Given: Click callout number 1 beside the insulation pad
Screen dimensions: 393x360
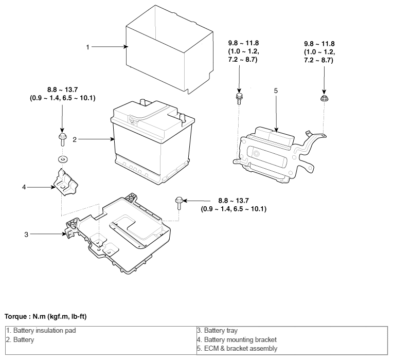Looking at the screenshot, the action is (x=88, y=47).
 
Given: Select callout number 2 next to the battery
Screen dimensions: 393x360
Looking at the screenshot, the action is (x=75, y=140).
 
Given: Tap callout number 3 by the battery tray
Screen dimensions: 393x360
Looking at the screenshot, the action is (x=26, y=235).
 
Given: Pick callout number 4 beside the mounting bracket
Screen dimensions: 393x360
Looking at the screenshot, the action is (x=24, y=187).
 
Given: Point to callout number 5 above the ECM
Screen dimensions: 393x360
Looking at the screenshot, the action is (x=276, y=91).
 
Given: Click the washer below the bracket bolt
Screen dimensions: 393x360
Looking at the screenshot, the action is (x=63, y=159).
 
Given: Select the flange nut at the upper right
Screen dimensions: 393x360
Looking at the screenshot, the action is (x=324, y=98).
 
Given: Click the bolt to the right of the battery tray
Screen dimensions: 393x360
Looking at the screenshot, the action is (x=178, y=203).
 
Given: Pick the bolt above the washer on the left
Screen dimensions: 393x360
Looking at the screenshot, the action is (x=62, y=139).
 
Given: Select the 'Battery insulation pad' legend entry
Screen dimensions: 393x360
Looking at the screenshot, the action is (x=41, y=331).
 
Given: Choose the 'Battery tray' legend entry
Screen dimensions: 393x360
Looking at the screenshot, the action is (x=217, y=331).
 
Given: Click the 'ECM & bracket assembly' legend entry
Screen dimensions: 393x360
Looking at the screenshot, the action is (x=237, y=349).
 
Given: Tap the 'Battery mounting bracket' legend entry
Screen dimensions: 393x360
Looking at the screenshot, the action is (x=237, y=340).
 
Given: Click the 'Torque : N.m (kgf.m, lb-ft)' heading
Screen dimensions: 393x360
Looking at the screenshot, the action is (x=46, y=317).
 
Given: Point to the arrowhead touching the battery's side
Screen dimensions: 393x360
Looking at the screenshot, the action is (x=113, y=139).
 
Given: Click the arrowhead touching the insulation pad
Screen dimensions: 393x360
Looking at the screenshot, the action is (x=126, y=47).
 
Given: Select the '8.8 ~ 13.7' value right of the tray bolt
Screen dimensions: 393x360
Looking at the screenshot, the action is (x=234, y=201).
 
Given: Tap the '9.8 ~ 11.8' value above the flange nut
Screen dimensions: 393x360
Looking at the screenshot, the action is (x=319, y=44).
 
